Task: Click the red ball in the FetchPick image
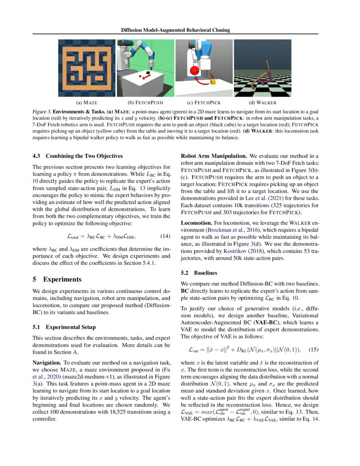[x=195, y=71]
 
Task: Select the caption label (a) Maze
[x=87, y=103]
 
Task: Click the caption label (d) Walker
[x=263, y=103]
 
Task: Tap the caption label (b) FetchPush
[x=146, y=103]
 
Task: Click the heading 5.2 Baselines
[x=199, y=273]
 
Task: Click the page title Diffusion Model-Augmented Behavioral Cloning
[x=175, y=30]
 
